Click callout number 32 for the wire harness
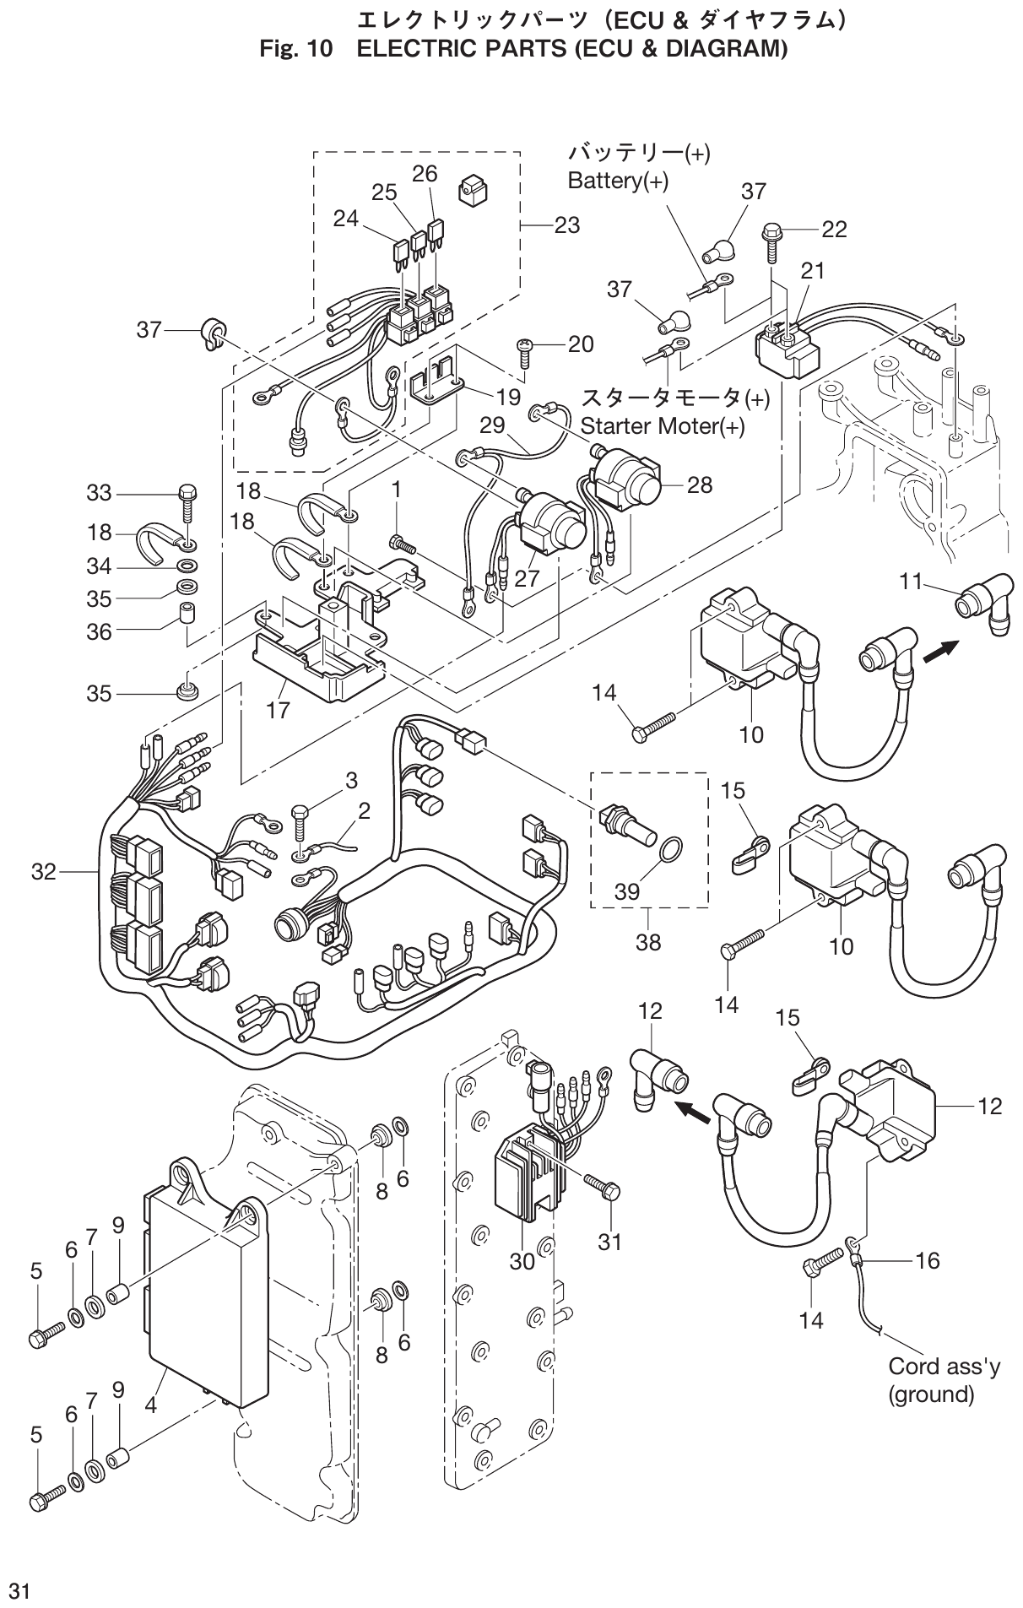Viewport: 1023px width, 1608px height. click(x=43, y=871)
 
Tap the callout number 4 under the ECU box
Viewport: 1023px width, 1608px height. click(x=150, y=1406)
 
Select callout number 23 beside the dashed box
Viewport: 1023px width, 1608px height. click(x=567, y=225)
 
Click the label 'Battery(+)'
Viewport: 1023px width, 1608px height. click(x=618, y=181)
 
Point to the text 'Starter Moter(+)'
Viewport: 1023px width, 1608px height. click(x=663, y=425)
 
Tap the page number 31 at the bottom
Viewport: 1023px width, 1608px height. click(x=19, y=1591)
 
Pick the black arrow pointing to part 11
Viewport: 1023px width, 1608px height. click(x=942, y=650)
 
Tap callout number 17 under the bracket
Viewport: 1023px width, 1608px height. click(x=279, y=710)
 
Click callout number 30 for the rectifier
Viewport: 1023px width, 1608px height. click(x=522, y=1261)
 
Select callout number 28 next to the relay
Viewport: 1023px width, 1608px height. click(x=700, y=485)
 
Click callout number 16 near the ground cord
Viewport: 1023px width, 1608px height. click(x=927, y=1260)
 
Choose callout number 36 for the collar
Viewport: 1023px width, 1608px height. click(x=100, y=631)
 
